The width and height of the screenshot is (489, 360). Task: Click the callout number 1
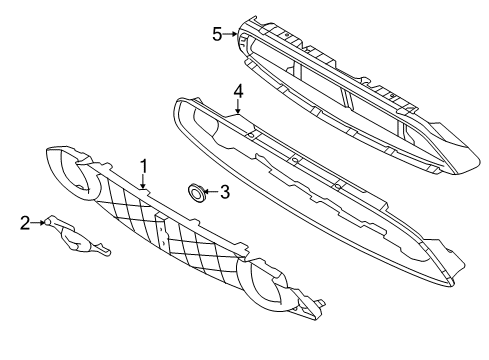point(144,166)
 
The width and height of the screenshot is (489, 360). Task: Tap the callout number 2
point(25,223)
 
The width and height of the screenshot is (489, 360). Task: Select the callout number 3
point(225,192)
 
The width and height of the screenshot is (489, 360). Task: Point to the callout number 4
point(238,91)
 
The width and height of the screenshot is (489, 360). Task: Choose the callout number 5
point(217,34)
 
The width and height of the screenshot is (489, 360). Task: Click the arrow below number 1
point(143,182)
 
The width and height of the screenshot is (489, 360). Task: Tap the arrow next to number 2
point(38,222)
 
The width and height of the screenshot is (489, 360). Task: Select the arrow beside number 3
point(211,192)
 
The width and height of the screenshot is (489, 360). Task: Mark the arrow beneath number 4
point(238,106)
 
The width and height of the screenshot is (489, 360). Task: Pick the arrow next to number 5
point(230,34)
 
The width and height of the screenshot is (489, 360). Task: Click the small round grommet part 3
point(196,192)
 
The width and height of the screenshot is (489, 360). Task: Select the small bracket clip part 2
point(78,237)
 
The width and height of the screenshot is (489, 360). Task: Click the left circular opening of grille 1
point(73,173)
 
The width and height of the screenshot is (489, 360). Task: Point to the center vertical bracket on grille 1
point(162,232)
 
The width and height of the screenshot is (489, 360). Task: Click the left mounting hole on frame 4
point(251,135)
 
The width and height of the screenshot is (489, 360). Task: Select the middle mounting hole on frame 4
point(294,161)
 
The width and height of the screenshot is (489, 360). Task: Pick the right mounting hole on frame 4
point(338,186)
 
